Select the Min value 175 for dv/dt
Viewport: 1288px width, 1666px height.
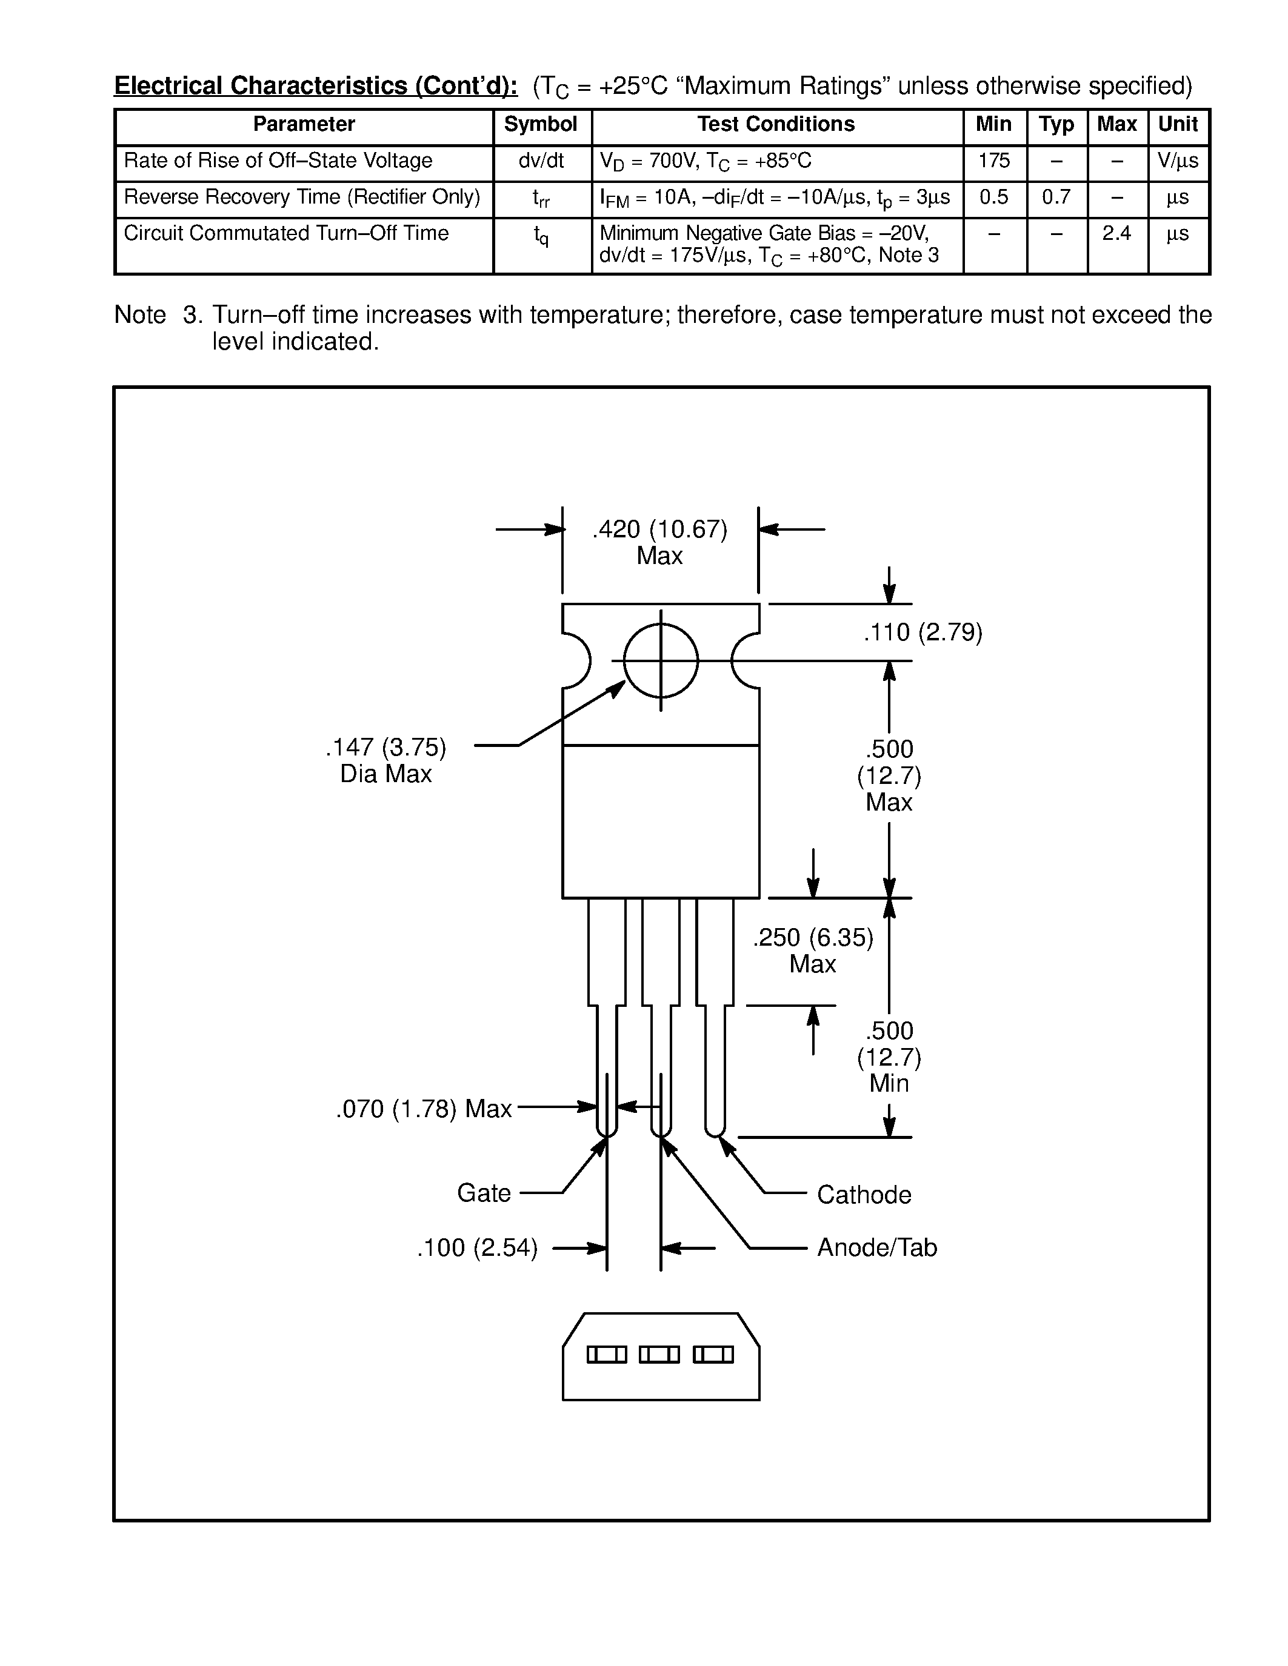pos(993,161)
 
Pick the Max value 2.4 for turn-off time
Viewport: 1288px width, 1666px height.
pos(1116,233)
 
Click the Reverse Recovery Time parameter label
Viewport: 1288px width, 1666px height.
pos(302,197)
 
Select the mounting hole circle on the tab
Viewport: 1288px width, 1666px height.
pos(661,660)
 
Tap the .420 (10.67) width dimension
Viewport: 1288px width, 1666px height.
pos(659,529)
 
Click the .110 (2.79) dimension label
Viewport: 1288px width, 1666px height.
pos(923,632)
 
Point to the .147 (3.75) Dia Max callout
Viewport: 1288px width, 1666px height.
pos(386,760)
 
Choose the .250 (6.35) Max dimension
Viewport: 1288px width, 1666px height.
pos(813,951)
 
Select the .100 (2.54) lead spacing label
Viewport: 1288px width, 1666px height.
pos(478,1248)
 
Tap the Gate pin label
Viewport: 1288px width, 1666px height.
pos(484,1193)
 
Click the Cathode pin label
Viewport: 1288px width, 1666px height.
pos(864,1195)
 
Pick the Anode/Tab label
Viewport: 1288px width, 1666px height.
pos(876,1248)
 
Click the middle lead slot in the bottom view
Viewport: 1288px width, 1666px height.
pos(659,1355)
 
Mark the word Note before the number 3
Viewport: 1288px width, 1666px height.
pos(139,315)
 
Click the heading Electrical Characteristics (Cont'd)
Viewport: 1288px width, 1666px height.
pos(316,86)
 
